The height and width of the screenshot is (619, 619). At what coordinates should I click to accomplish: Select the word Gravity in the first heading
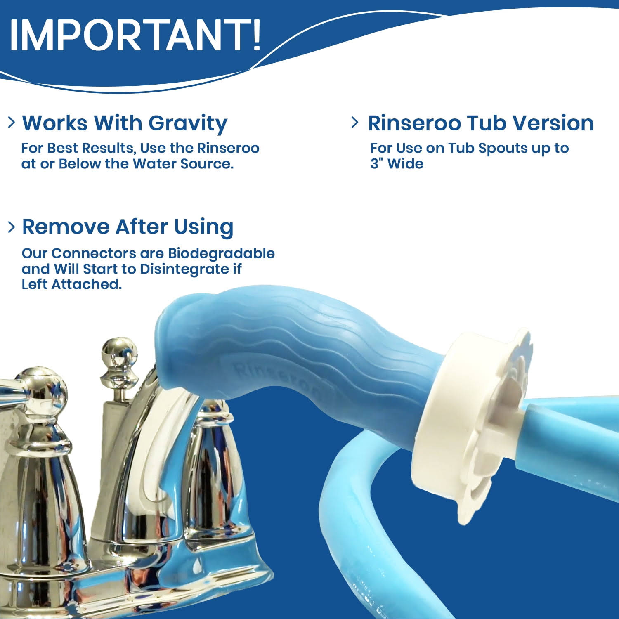pos(188,123)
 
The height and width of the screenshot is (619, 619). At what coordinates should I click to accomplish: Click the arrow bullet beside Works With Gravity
pos(12,122)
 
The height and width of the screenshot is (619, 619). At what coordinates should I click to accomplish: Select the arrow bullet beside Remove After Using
pos(12,226)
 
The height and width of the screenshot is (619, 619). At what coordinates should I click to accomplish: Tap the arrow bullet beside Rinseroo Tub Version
pos(354,122)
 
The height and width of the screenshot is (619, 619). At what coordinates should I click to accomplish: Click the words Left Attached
pos(72,284)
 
